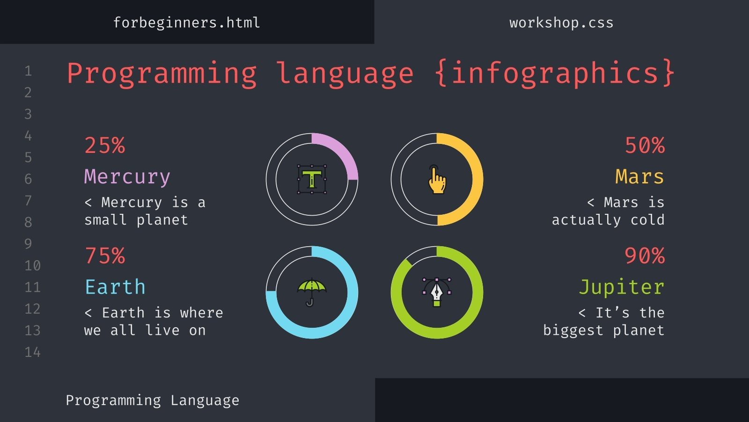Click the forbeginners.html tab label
(186, 23)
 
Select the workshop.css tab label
(561, 23)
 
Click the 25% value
(105, 145)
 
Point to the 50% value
(645, 145)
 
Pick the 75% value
(105, 256)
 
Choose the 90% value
(645, 256)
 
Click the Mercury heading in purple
(127, 177)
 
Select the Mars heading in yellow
(639, 177)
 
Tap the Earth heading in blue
(115, 287)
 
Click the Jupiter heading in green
(622, 287)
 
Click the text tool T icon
(312, 179)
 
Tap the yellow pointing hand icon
(437, 180)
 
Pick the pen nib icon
(437, 292)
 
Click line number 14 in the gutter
(32, 352)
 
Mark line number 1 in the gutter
(28, 71)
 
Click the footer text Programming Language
(152, 400)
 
